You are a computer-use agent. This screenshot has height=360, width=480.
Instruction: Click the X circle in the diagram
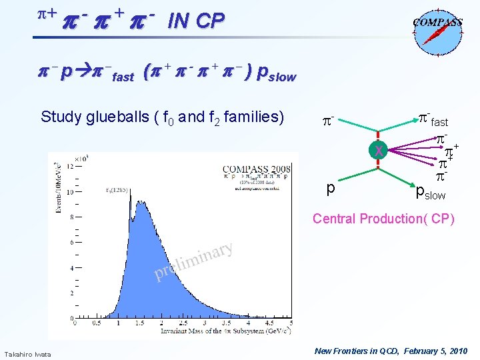379,151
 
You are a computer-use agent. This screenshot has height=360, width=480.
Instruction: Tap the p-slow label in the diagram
430,195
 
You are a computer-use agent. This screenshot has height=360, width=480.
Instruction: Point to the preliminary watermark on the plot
193,262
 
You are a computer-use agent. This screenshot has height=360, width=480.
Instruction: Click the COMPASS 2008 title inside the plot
256,169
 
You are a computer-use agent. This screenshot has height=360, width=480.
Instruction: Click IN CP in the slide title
196,21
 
